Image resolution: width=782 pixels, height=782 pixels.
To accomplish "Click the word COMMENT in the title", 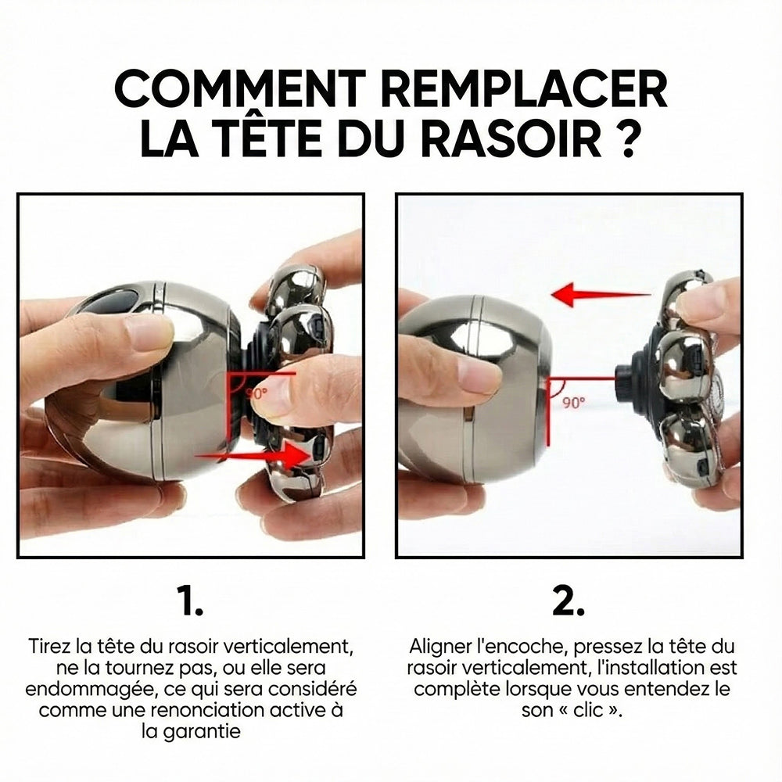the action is click(240, 89).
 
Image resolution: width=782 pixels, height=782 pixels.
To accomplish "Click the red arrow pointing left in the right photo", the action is click(601, 294).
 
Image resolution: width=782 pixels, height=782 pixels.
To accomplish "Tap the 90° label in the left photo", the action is click(256, 393).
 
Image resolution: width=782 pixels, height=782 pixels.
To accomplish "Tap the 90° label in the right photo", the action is click(574, 402).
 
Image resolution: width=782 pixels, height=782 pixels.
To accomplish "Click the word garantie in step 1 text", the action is click(191, 732).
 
